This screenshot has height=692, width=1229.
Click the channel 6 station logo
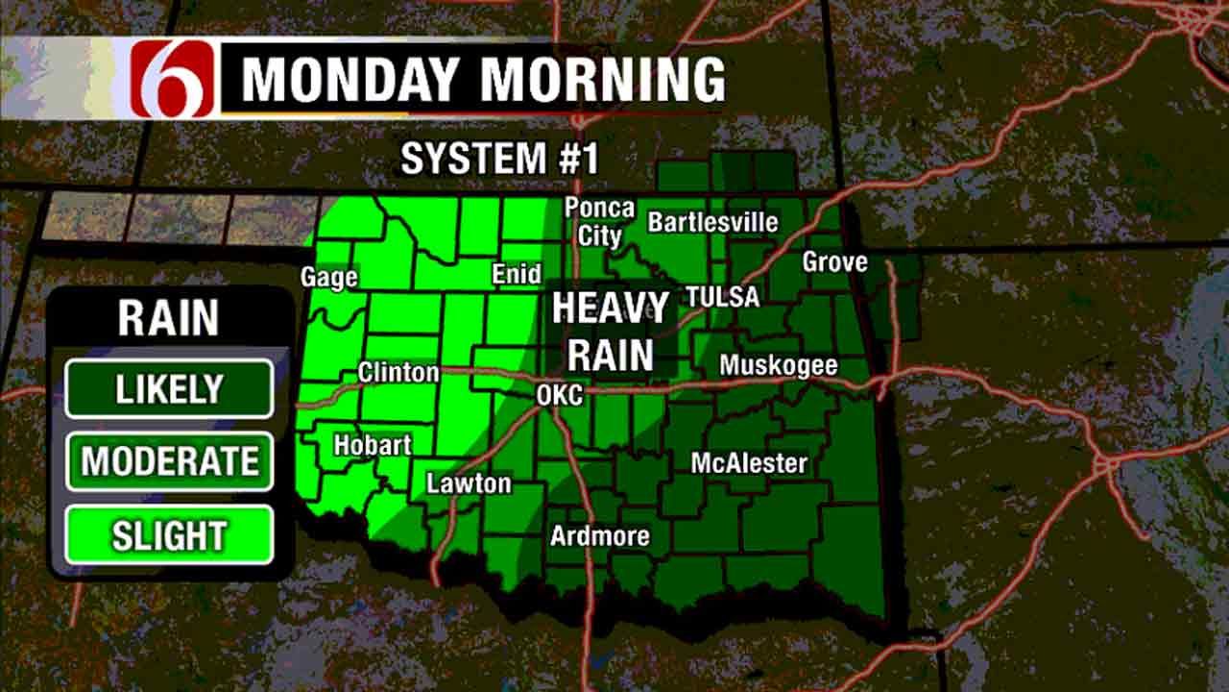click(173, 79)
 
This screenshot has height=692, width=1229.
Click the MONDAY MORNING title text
click(482, 80)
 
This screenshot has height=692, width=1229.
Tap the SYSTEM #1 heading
click(499, 159)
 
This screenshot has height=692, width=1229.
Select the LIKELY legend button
click(169, 388)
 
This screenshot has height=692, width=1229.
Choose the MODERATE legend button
click(169, 461)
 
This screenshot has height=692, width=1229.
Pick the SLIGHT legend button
click(169, 535)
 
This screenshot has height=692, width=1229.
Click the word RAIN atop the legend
click(168, 318)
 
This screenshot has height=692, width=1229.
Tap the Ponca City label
click(599, 221)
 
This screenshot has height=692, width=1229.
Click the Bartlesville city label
click(712, 222)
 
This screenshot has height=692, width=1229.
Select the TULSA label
click(722, 296)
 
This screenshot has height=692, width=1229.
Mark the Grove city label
click(834, 261)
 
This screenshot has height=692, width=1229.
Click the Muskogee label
click(778, 365)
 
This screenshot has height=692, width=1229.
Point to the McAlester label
click(749, 463)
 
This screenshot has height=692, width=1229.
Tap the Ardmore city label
click(599, 535)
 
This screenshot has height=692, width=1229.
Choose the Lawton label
click(469, 482)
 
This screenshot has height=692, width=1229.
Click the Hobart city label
click(373, 445)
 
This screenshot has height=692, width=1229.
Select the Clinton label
click(398, 372)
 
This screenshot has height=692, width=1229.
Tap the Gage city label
click(328, 277)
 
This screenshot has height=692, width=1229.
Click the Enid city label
click(517, 274)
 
